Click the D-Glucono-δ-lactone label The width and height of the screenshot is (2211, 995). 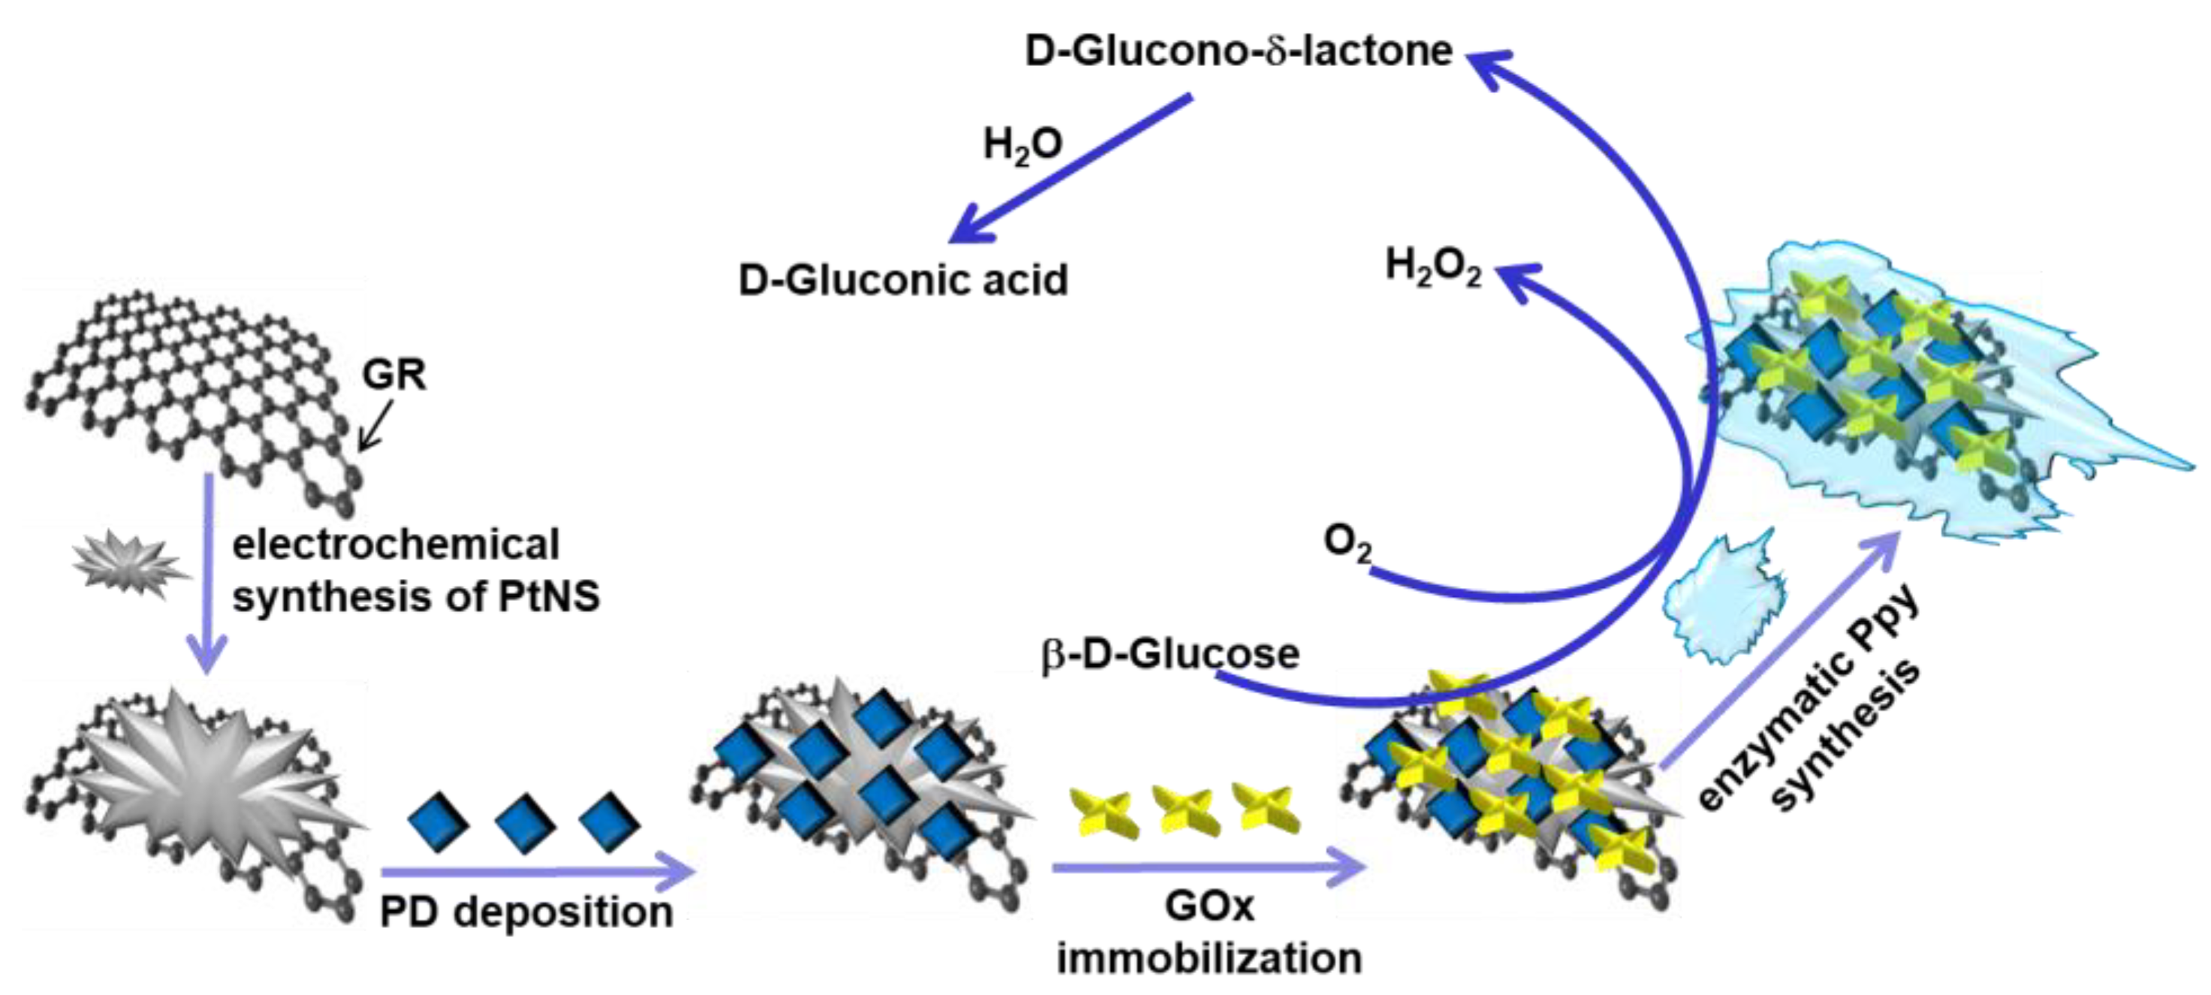(1238, 52)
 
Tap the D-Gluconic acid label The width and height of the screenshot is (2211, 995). (903, 281)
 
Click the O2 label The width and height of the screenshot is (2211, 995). (1347, 544)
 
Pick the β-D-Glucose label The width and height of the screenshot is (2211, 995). (1170, 655)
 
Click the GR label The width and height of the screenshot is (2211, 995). (393, 374)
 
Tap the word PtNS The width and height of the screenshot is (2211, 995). (549, 595)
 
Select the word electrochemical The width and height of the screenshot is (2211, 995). (396, 545)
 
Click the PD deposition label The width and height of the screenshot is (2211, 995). (526, 912)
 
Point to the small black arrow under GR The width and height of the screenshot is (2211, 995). (375, 427)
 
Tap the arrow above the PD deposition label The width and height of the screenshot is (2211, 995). (537, 873)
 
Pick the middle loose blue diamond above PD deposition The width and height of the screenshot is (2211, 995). (526, 822)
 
